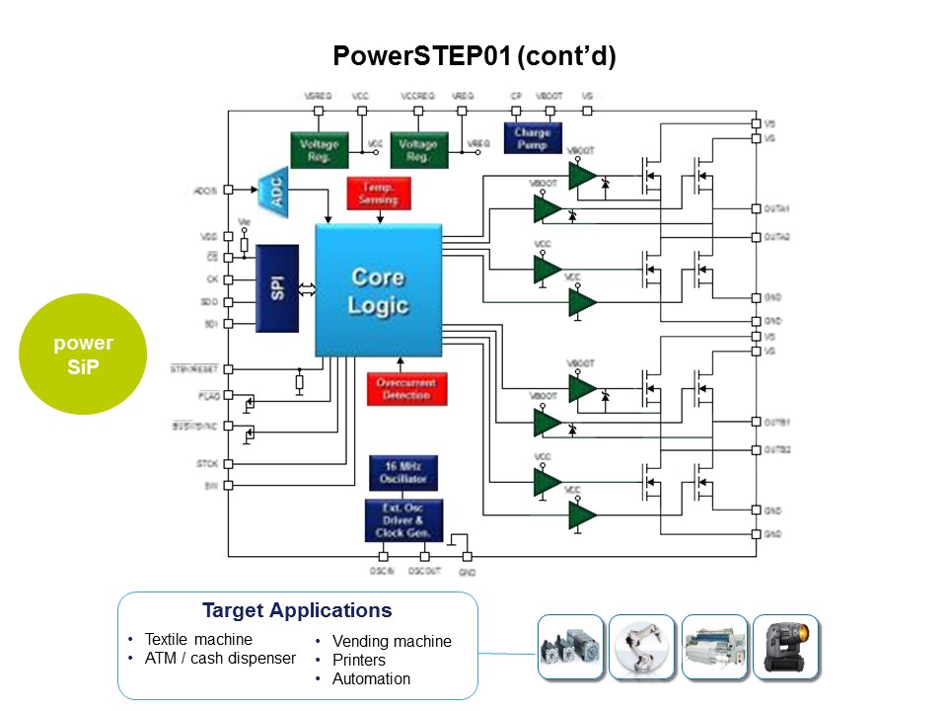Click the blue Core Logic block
(377, 290)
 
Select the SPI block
(277, 287)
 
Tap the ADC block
(275, 190)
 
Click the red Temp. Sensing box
(379, 193)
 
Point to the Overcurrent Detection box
(405, 388)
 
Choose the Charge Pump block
(532, 138)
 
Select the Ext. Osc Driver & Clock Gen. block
(402, 520)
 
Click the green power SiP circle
(83, 354)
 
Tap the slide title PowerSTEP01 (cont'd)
(473, 56)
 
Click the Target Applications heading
(297, 610)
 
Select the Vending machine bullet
(392, 642)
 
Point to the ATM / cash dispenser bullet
(220, 659)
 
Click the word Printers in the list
(359, 661)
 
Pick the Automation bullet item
(371, 679)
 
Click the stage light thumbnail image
(785, 647)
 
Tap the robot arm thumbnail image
(642, 647)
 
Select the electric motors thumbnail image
(571, 647)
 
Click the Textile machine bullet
(198, 639)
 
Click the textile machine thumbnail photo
(714, 647)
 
